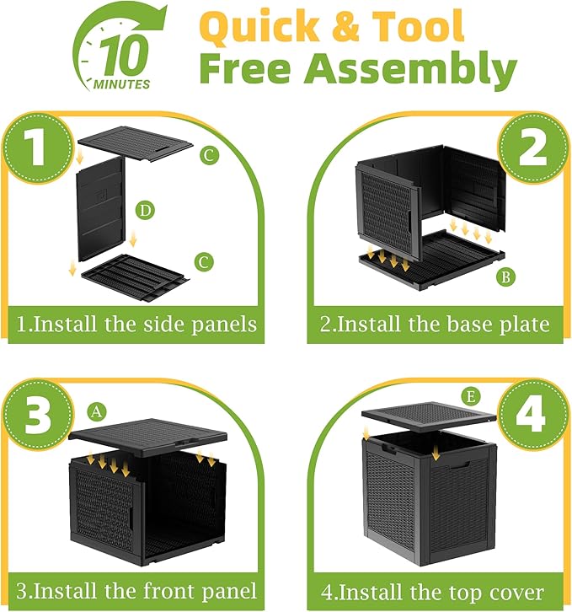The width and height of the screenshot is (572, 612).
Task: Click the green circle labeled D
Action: click(147, 210)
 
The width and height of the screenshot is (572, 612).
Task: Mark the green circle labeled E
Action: click(471, 395)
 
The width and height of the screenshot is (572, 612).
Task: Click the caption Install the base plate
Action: click(436, 324)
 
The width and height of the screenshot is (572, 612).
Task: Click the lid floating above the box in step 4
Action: click(427, 417)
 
